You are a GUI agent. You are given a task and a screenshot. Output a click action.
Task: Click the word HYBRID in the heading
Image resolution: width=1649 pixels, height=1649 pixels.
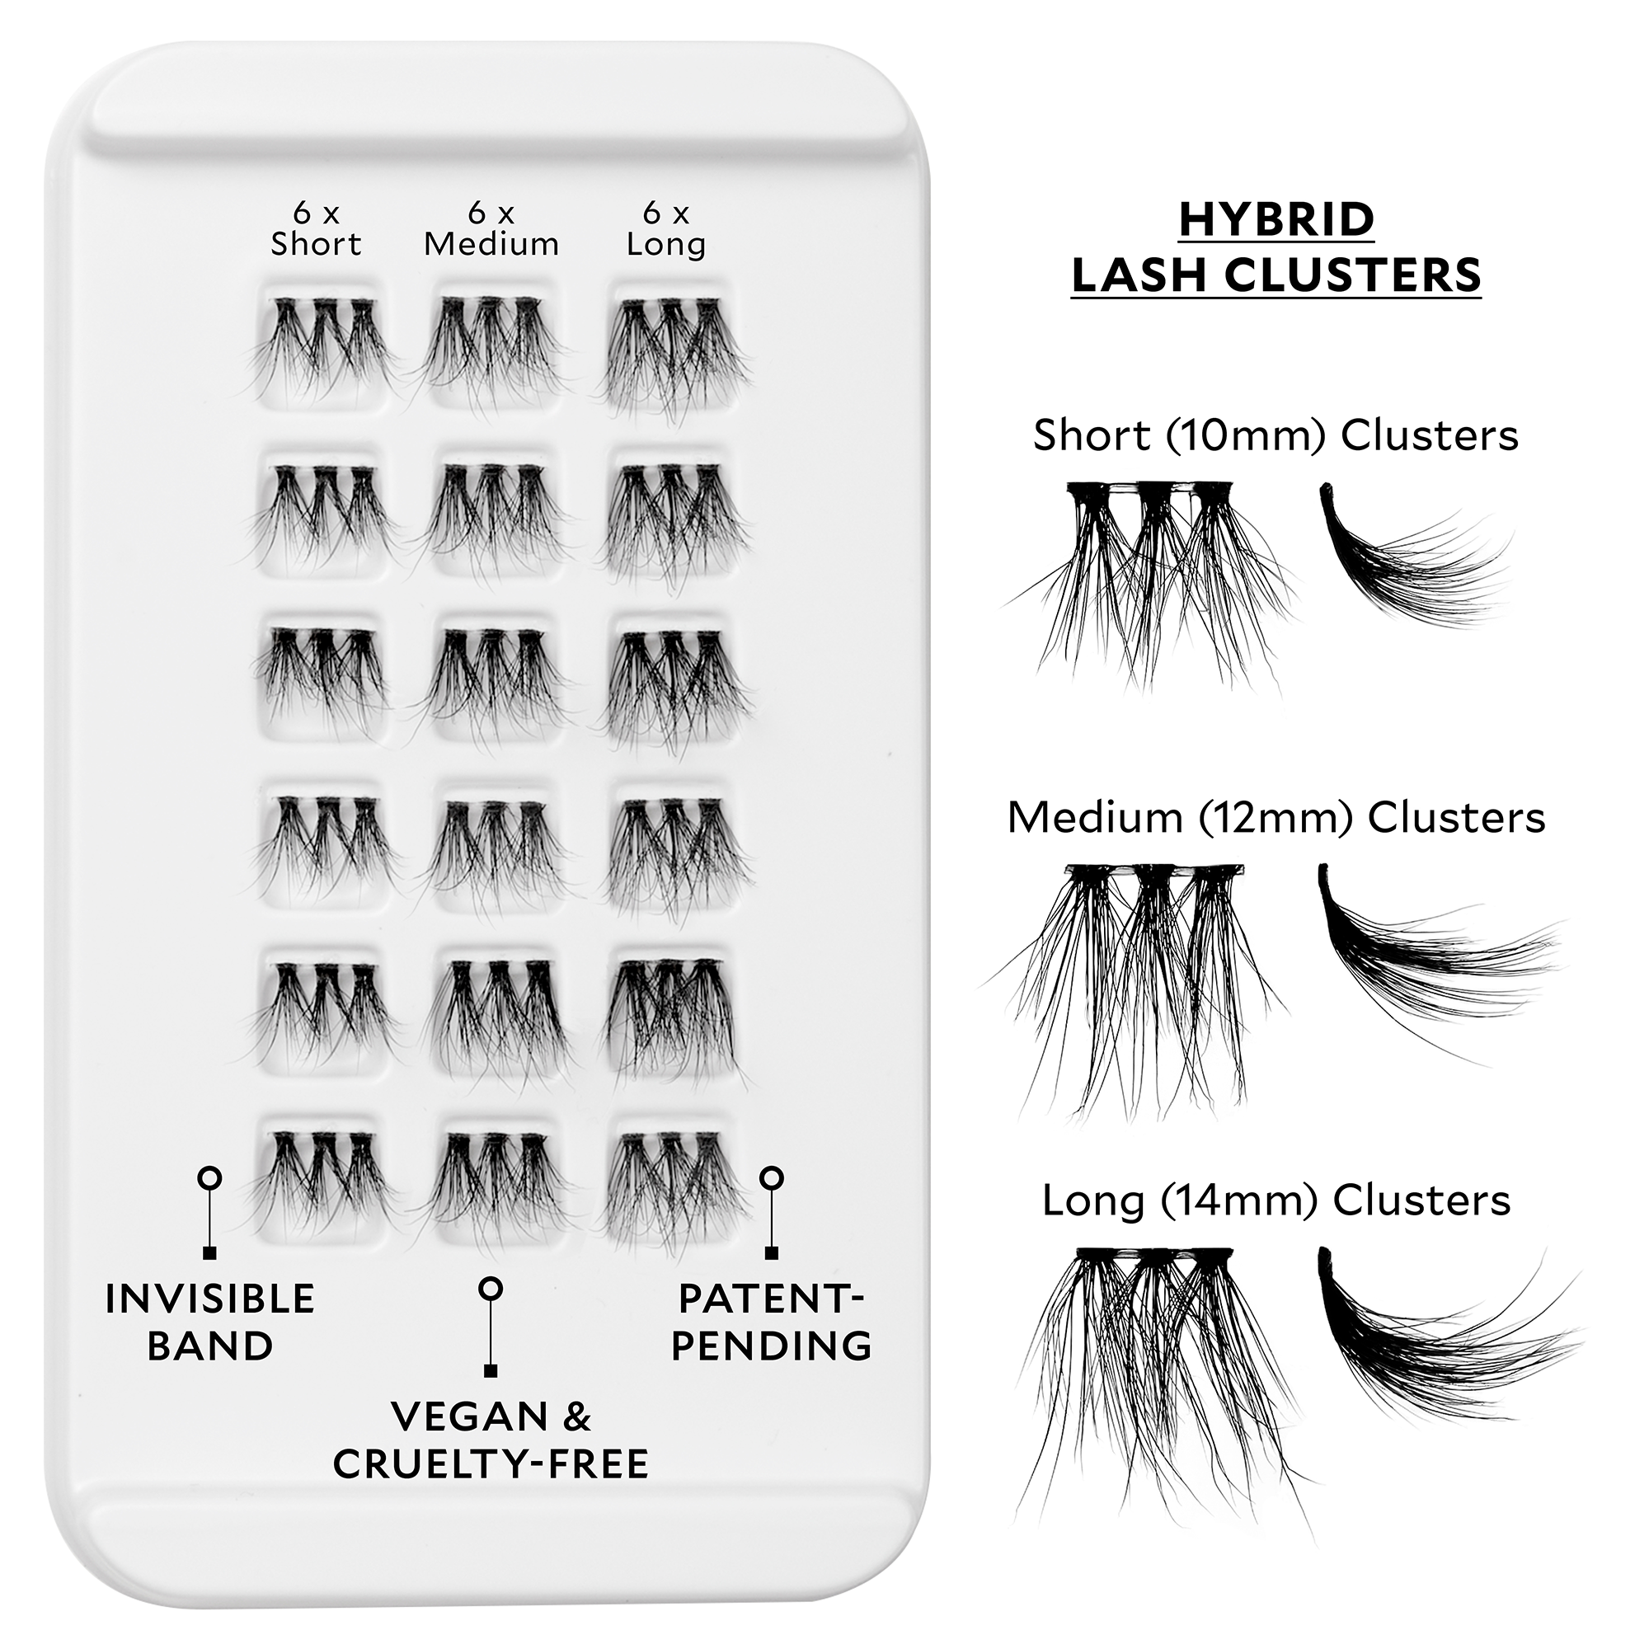pyautogui.click(x=1276, y=219)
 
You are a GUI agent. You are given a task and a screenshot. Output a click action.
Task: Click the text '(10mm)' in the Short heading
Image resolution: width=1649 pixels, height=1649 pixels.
pyautogui.click(x=1245, y=435)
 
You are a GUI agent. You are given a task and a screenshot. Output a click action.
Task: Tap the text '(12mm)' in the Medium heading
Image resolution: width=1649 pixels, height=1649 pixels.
pyautogui.click(x=1276, y=818)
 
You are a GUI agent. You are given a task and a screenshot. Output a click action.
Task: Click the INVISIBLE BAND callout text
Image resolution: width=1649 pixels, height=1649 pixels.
pyautogui.click(x=210, y=1322)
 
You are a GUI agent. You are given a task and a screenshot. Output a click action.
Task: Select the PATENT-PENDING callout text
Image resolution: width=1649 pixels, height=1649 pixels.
pyautogui.click(x=772, y=1322)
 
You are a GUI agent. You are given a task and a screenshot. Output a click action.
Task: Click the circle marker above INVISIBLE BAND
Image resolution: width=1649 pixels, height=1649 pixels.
pyautogui.click(x=209, y=1179)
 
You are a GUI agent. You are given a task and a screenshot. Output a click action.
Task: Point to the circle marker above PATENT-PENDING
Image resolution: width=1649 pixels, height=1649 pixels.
pyautogui.click(x=772, y=1179)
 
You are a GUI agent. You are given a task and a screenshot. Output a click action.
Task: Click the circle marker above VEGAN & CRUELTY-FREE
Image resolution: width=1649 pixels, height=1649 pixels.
pyautogui.click(x=491, y=1289)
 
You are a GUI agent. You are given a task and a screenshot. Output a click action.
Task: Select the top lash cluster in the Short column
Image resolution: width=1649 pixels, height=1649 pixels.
pyautogui.click(x=320, y=345)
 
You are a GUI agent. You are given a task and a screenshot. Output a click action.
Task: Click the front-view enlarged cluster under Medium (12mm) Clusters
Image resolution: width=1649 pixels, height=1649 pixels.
pyautogui.click(x=1144, y=981)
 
